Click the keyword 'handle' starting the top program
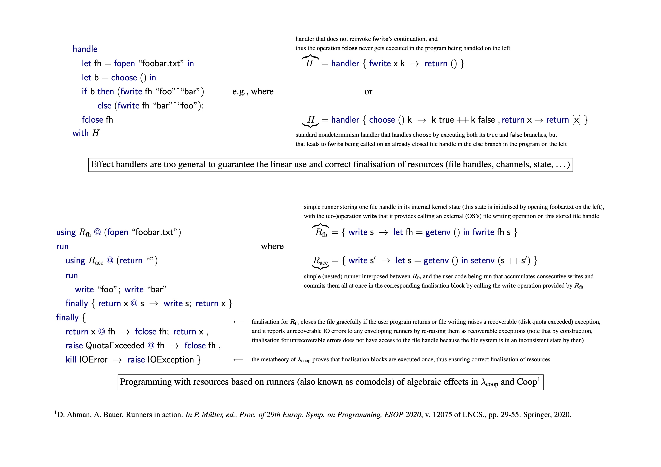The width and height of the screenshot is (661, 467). [x=85, y=49]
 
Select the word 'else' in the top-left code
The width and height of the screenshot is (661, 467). [x=104, y=106]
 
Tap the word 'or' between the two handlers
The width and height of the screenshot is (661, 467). [x=368, y=92]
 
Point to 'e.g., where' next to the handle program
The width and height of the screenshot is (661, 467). [x=253, y=92]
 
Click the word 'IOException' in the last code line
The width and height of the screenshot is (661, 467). [x=170, y=360]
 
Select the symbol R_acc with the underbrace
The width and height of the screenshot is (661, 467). [x=320, y=261]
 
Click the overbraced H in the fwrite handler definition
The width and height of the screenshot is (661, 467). [x=309, y=63]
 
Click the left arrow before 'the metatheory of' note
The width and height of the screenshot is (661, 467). [x=238, y=360]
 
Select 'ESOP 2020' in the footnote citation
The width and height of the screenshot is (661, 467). [x=403, y=415]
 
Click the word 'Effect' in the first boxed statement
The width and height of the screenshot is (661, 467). [x=102, y=164]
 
